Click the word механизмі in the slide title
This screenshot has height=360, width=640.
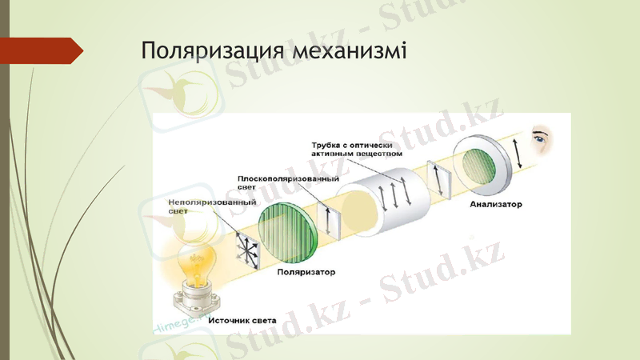tap(353, 51)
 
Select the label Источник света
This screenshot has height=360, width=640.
tap(242, 320)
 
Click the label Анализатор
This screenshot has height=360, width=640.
tap(496, 205)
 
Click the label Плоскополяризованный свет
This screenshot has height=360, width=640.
tap(276, 181)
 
